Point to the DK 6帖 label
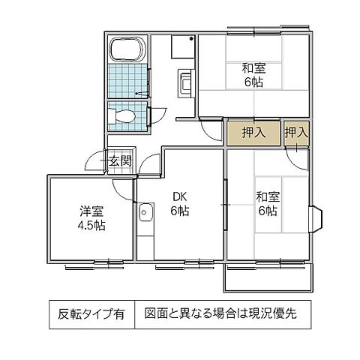(x=178, y=204)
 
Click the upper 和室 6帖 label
(x=253, y=76)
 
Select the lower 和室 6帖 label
(x=267, y=204)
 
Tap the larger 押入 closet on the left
(x=253, y=133)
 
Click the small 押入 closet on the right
(x=295, y=133)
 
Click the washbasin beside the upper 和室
(x=184, y=83)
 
